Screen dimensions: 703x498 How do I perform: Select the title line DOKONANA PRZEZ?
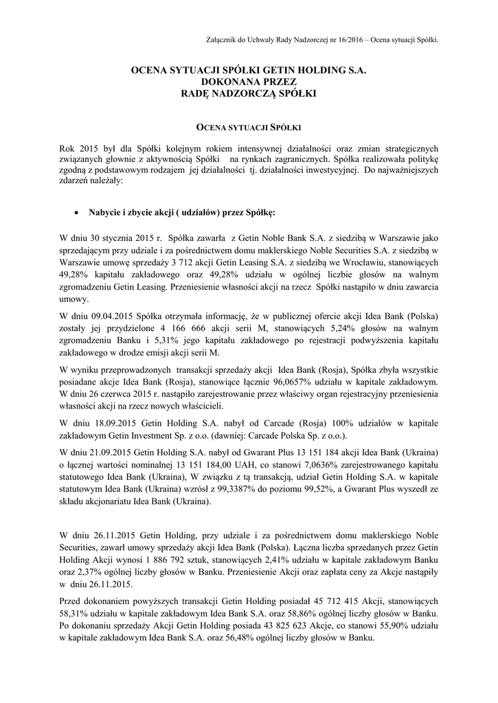tap(249, 81)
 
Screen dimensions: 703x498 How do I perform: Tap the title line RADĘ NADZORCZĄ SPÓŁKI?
tap(249, 92)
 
